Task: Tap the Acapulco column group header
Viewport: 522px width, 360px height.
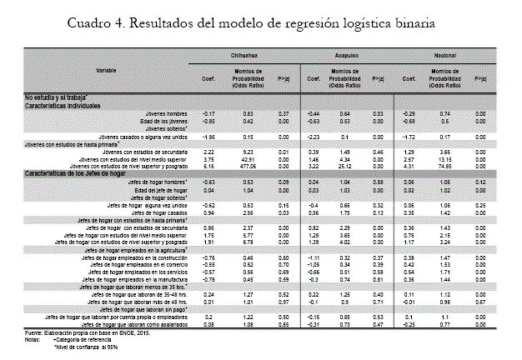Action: click(347, 56)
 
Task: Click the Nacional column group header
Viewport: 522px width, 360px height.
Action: click(446, 56)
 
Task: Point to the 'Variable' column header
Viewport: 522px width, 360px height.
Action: click(105, 71)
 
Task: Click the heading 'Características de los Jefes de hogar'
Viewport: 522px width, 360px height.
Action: click(74, 174)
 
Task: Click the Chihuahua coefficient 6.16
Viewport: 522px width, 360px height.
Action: click(210, 166)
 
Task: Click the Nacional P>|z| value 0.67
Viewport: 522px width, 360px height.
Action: click(480, 302)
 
